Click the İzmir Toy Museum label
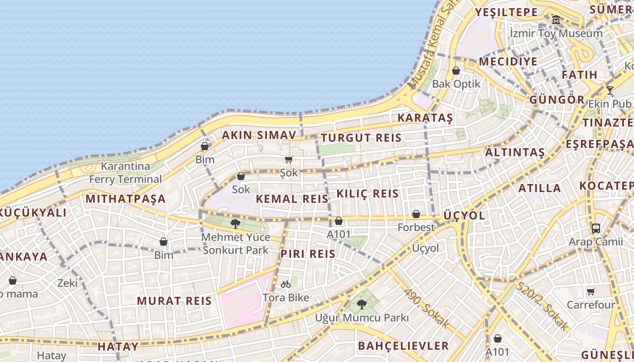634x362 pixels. point(556,33)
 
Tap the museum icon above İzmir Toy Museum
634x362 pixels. point(556,19)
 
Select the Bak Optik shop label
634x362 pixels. point(456,84)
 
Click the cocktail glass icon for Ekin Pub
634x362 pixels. point(610,90)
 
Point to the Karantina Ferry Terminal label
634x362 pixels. point(125,172)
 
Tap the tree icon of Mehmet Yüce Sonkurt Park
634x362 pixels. point(235,224)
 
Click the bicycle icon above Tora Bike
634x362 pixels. point(286,284)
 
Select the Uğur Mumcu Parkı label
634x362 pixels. point(362,318)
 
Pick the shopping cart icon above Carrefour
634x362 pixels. point(591,291)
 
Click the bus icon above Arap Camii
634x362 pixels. point(596,229)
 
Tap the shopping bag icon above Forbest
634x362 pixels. point(416,214)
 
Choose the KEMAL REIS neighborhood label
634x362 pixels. point(292,199)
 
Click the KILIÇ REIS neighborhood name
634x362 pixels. point(368,194)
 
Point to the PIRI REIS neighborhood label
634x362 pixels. point(308,254)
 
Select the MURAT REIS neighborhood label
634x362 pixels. point(174,301)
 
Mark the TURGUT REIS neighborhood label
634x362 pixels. point(361,138)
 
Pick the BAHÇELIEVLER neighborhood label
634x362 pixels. point(403,346)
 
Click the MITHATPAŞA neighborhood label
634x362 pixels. point(125,199)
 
